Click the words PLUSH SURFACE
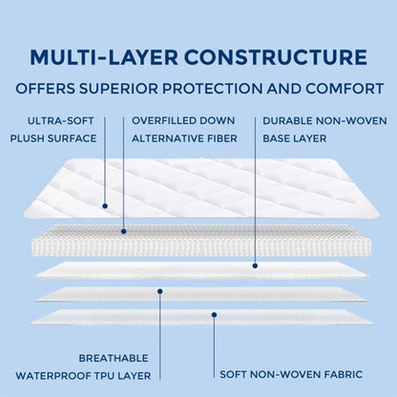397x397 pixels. point(55,137)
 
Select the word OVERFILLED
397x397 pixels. point(162,122)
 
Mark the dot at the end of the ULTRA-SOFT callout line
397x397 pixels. point(79,204)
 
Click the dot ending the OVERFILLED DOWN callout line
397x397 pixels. point(124,229)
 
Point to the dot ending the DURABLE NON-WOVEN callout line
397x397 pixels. point(255,264)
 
